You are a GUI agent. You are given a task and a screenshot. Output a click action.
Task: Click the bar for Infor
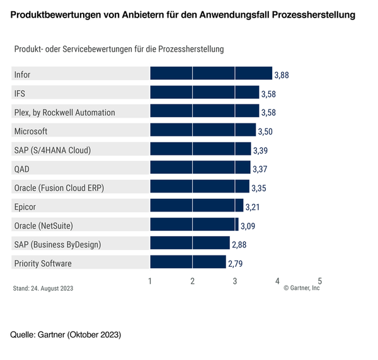pyautogui.click(x=211, y=75)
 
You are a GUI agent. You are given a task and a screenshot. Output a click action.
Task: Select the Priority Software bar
pyautogui.click(x=188, y=262)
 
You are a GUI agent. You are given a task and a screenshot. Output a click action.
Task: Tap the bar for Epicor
pyautogui.click(x=197, y=206)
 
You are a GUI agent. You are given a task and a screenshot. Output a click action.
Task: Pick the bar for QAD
pyautogui.click(x=200, y=168)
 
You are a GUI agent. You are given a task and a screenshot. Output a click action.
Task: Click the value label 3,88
pyautogui.click(x=282, y=76)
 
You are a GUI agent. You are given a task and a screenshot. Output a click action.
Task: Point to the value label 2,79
pyautogui.click(x=235, y=263)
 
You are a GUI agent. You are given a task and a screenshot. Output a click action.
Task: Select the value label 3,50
pyautogui.click(x=265, y=132)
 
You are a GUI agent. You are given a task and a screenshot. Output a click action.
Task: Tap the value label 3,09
pyautogui.click(x=248, y=225)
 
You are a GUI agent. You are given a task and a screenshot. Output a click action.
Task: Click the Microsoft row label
pyautogui.click(x=30, y=132)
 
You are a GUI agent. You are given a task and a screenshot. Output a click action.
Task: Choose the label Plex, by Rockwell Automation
pyautogui.click(x=64, y=113)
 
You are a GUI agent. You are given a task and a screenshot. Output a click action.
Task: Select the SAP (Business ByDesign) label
pyautogui.click(x=57, y=244)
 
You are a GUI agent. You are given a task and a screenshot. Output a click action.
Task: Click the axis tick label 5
pyautogui.click(x=320, y=281)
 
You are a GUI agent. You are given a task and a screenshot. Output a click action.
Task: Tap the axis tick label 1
pyautogui.click(x=150, y=281)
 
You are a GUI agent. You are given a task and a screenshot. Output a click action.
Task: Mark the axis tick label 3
pyautogui.click(x=235, y=281)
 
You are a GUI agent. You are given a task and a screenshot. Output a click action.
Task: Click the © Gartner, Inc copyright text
pyautogui.click(x=302, y=288)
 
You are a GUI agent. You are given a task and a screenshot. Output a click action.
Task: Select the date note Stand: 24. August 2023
pyautogui.click(x=43, y=288)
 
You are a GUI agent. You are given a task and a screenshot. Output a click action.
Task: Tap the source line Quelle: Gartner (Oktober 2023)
pyautogui.click(x=66, y=334)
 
